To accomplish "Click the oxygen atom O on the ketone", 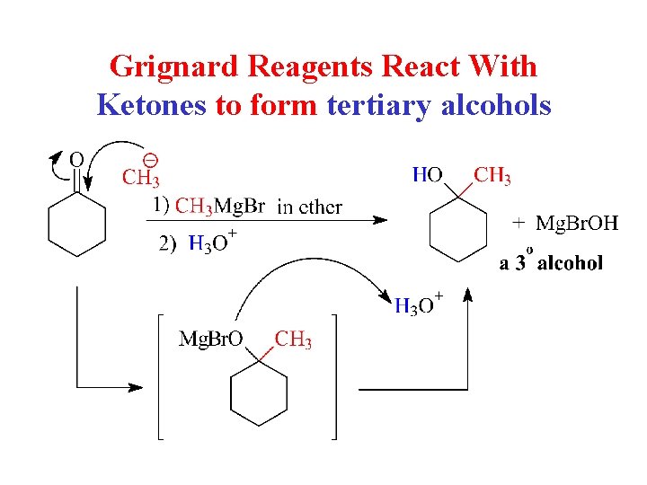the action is point(76,159).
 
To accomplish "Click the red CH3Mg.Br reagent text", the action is point(219,207).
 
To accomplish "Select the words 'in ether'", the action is point(309,207).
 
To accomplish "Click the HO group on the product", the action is point(427,175).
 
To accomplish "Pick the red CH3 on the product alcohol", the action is point(492,175).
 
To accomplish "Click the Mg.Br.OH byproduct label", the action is point(577,223).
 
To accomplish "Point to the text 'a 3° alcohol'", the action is point(551,261).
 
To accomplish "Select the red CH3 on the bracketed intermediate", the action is point(293,339).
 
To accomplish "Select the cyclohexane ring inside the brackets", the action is point(259,395).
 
